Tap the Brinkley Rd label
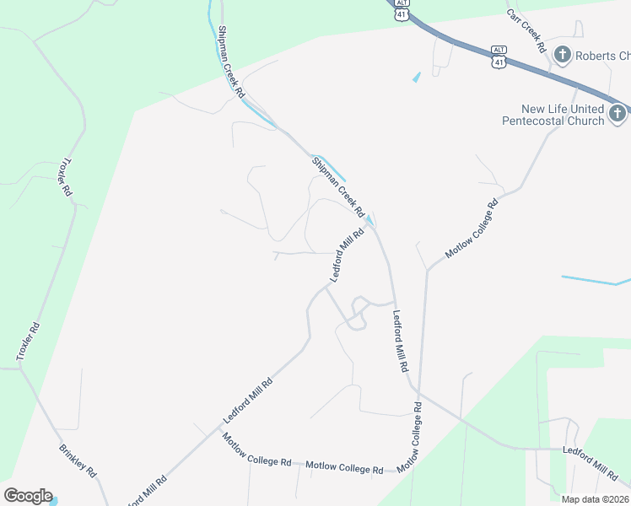click(x=78, y=460)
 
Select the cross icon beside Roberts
click(x=563, y=56)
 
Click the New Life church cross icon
click(x=618, y=113)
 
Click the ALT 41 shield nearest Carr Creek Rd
click(x=499, y=57)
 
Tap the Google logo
click(x=27, y=496)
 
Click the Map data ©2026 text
click(x=595, y=499)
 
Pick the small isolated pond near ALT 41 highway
click(x=416, y=78)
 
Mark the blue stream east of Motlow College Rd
click(x=595, y=279)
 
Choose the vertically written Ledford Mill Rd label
click(x=400, y=342)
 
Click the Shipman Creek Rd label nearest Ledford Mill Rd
click(x=337, y=186)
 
